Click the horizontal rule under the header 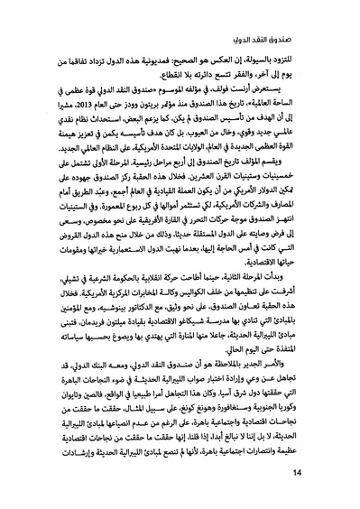coord(180,29)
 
